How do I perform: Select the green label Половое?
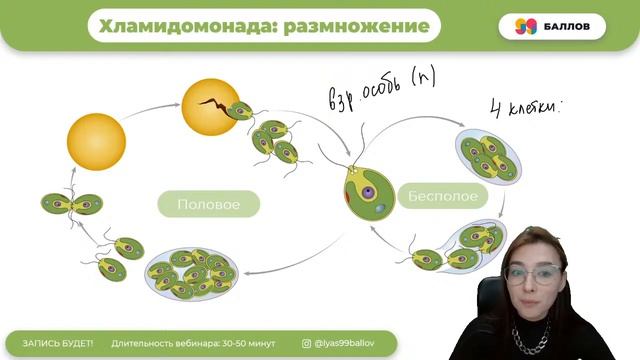coord(208,204)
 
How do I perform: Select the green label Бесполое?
coord(443,196)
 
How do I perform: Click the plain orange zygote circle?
coord(96,143)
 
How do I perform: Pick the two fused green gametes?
coord(72,204)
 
